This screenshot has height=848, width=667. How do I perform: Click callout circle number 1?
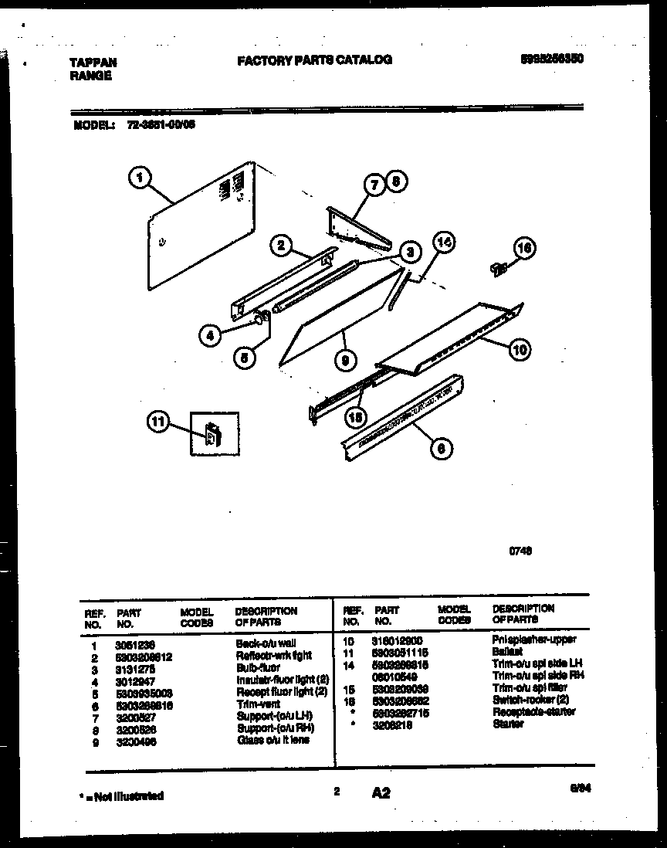[139, 180]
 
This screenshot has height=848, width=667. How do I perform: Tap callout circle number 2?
[282, 246]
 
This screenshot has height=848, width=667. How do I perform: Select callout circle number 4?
[208, 334]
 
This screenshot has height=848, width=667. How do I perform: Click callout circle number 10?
[520, 350]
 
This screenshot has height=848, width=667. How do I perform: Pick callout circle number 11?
[158, 422]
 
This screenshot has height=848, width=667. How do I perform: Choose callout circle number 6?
[441, 447]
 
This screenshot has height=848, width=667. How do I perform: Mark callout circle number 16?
[524, 249]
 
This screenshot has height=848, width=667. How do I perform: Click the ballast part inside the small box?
[211, 436]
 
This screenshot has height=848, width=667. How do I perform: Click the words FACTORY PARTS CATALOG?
[314, 59]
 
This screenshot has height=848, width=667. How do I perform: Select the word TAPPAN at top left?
[93, 63]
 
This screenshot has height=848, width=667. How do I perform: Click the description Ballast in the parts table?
[507, 652]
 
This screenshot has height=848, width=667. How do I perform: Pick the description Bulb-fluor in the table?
[259, 667]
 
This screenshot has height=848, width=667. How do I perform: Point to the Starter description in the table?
[507, 724]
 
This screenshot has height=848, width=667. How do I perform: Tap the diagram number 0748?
[520, 551]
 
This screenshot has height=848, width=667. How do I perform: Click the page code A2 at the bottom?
[381, 792]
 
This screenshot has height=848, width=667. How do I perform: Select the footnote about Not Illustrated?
[124, 795]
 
